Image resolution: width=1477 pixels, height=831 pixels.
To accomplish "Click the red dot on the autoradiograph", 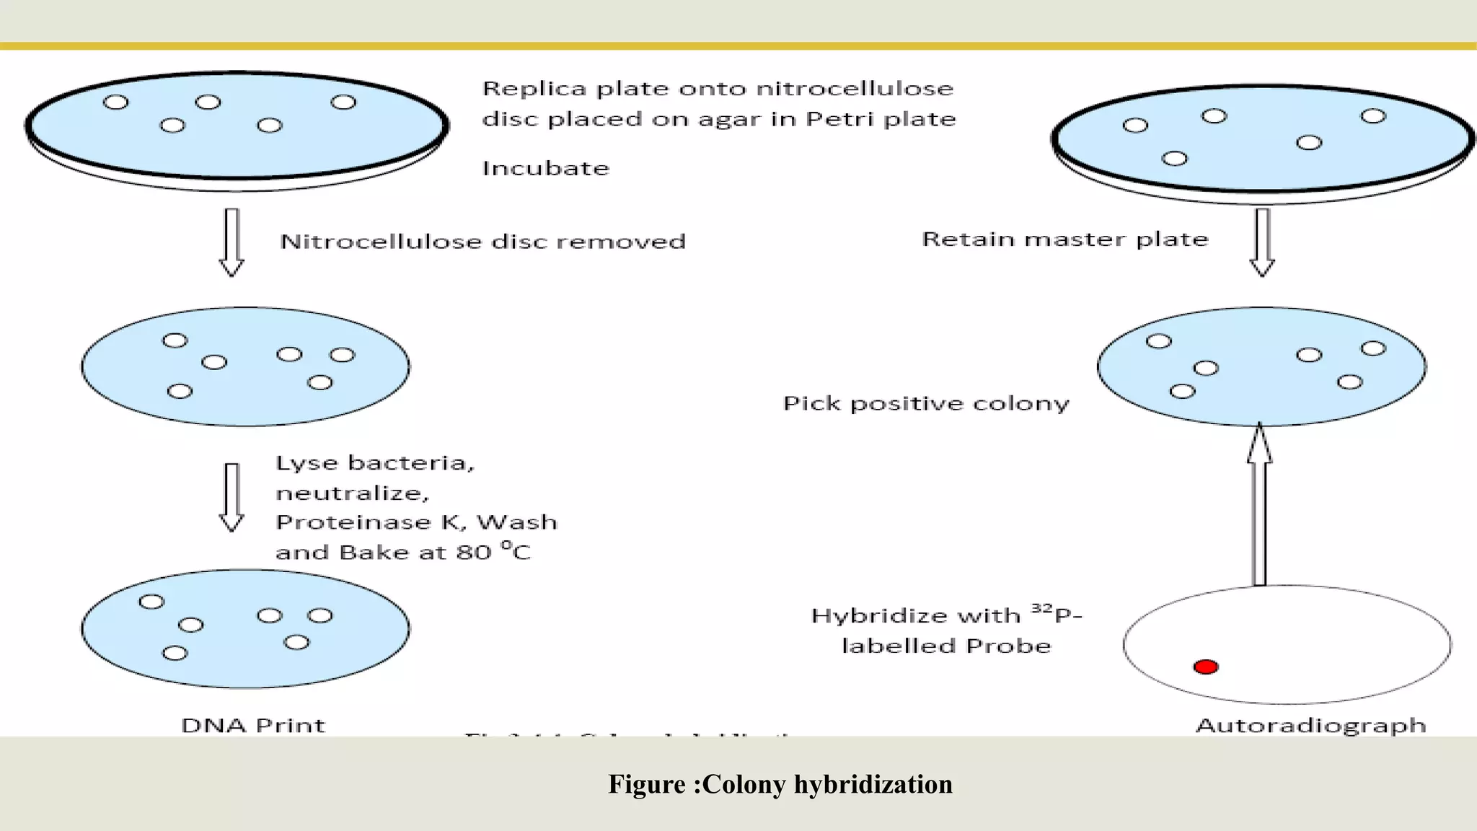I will [x=1206, y=667].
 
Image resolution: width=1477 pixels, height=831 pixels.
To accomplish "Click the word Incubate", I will [x=546, y=169].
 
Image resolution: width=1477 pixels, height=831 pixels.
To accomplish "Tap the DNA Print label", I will [x=253, y=725].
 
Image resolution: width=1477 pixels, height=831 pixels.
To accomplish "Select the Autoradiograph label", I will [x=1310, y=725].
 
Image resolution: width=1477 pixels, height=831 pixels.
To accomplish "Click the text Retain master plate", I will [x=1064, y=239].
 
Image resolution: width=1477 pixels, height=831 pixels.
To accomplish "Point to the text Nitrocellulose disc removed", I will [x=482, y=242].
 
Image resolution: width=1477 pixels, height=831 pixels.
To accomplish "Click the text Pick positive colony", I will [x=926, y=403].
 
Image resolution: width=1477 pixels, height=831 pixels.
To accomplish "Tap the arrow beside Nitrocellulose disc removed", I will [x=232, y=242].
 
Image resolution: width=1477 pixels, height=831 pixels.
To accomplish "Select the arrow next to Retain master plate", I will [x=1262, y=242].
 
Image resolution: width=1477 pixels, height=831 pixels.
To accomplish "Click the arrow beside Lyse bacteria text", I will [x=232, y=497].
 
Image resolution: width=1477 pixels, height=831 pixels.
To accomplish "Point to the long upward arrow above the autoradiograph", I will [x=1259, y=505].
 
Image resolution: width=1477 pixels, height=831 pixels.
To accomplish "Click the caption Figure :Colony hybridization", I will [x=780, y=784].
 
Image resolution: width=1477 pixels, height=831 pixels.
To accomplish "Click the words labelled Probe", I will [x=946, y=646].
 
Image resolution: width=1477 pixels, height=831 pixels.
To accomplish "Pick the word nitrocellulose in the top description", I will [x=855, y=89].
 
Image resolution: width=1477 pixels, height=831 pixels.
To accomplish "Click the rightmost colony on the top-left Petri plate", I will [x=343, y=102].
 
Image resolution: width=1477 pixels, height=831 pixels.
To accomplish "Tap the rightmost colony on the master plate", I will [x=1373, y=116].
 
